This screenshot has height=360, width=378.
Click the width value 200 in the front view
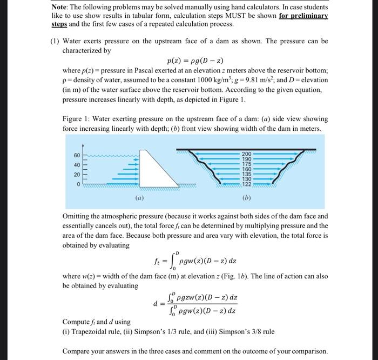(246, 154)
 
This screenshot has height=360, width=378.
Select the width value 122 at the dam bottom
(246, 185)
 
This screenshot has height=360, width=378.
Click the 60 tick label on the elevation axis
(77, 156)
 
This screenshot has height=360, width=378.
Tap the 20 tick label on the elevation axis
(77, 175)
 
